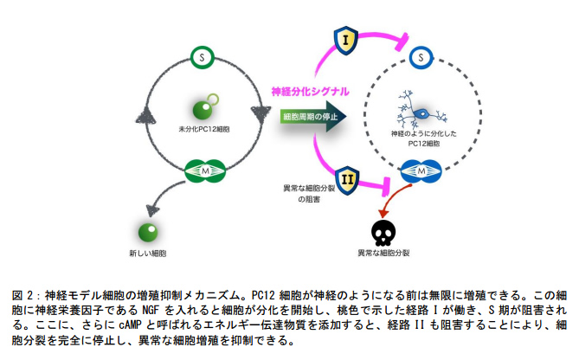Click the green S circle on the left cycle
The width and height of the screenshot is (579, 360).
202,58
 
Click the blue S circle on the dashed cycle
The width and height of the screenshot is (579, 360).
420,57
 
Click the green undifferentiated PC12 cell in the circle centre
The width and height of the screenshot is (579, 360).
203,108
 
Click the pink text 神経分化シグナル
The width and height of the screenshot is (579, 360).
311,91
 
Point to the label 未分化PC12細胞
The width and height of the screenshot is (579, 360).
203,129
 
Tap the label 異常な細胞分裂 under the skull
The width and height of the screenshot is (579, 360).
384,254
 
